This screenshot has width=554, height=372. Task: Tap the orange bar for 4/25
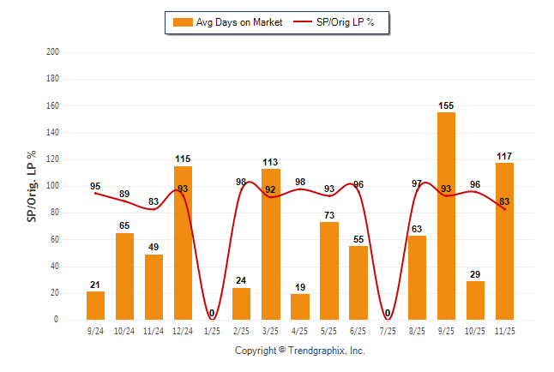tap(300, 307)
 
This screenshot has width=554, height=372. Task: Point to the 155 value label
tap(446, 106)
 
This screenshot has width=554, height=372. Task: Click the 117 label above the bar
tap(504, 156)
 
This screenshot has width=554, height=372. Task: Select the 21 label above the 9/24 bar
tap(95, 285)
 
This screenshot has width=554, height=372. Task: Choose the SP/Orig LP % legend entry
tap(336, 22)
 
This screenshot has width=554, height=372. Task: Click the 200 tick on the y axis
tap(52, 52)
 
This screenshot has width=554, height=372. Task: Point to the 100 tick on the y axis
tap(52, 186)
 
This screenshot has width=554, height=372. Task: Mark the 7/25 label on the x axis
tap(388, 330)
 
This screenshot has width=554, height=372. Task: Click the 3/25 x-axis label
tap(271, 330)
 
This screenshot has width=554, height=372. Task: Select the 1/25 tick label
tap(212, 330)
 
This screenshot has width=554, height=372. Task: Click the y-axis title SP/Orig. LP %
tap(32, 186)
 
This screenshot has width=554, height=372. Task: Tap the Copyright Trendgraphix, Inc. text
tap(300, 351)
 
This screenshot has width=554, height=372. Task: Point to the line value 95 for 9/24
tap(95, 186)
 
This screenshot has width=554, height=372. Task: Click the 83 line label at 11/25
tap(504, 201)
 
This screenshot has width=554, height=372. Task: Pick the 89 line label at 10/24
tap(124, 194)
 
